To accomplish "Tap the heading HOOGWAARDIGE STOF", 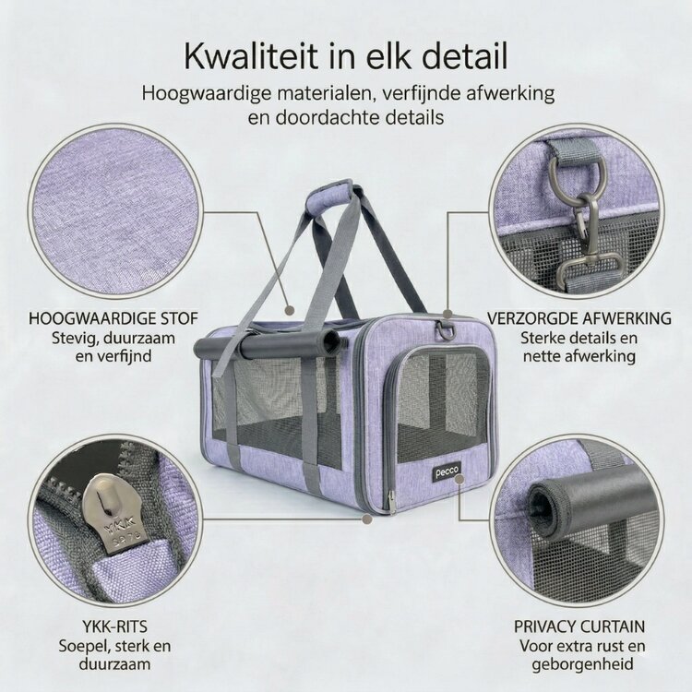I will point(113,318).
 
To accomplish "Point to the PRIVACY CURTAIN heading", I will point(579,626).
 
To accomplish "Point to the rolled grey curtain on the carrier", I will point(268,346).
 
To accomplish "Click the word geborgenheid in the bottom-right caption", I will point(579,662).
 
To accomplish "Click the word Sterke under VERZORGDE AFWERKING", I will point(543,337).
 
